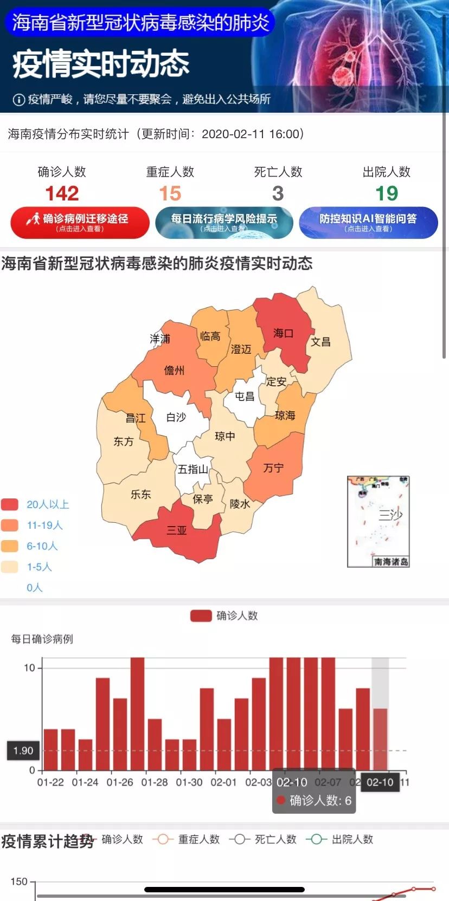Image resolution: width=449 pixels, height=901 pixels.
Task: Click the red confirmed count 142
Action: (x=62, y=193)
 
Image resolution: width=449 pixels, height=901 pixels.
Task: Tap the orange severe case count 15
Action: (x=170, y=193)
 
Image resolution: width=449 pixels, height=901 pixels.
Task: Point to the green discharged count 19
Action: (x=387, y=193)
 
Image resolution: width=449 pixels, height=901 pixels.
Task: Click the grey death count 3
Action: (x=278, y=193)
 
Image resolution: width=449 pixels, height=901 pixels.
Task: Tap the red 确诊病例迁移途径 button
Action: (x=80, y=222)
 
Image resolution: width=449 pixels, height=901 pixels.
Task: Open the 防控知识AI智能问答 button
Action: (x=368, y=222)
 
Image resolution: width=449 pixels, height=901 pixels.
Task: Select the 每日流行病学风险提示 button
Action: (x=224, y=222)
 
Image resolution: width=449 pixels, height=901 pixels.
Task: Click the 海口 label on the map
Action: (x=283, y=333)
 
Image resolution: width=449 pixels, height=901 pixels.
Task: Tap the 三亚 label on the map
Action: (x=176, y=530)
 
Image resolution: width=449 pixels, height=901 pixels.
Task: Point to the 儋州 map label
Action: (x=174, y=370)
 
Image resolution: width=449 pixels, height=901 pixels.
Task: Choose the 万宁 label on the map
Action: (x=273, y=468)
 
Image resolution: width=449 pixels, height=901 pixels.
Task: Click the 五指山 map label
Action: (x=193, y=469)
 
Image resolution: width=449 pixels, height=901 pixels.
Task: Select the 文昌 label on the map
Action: (x=320, y=342)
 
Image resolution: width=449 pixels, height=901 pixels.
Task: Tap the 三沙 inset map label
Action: (x=390, y=514)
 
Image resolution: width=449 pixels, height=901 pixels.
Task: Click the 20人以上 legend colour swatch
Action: (x=10, y=504)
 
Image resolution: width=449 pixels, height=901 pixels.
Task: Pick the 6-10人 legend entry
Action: (x=42, y=546)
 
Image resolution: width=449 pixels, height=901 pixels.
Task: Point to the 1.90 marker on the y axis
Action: (x=23, y=750)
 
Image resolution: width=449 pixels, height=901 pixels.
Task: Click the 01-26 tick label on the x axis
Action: (x=120, y=782)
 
